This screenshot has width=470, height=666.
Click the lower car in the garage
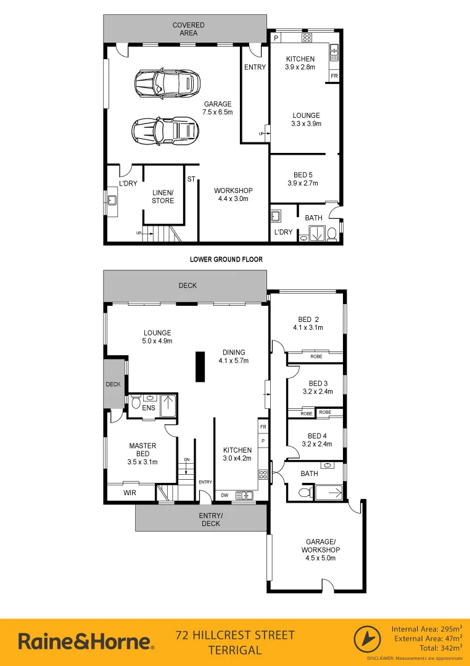165,129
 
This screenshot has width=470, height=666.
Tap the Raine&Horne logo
86,641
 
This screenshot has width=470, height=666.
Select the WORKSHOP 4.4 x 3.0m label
233,195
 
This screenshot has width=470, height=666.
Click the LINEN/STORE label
163,197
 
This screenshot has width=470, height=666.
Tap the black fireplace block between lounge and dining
200,368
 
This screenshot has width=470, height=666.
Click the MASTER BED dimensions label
142,462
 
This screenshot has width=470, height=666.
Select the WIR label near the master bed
130,493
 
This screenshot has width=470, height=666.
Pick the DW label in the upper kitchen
224,495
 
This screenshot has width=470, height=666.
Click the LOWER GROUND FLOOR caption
226,260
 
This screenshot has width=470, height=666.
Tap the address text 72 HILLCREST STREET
235,635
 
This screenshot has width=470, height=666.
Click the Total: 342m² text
429,649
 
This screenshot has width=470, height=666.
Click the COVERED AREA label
188,29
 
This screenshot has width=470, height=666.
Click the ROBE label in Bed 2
316,356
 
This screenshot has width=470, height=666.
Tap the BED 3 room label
318,387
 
